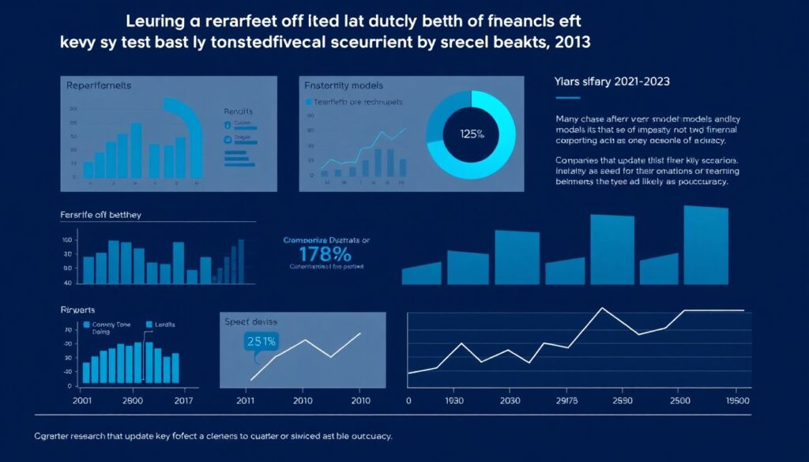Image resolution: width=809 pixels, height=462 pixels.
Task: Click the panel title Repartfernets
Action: pyautogui.click(x=99, y=85)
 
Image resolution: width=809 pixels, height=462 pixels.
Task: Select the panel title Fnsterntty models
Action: pyautogui.click(x=344, y=85)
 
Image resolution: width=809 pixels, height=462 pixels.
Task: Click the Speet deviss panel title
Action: pyautogui.click(x=256, y=322)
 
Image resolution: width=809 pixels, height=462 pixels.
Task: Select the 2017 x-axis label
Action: pyautogui.click(x=184, y=400)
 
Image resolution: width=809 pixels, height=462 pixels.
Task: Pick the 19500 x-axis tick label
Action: pyautogui.click(x=737, y=400)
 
